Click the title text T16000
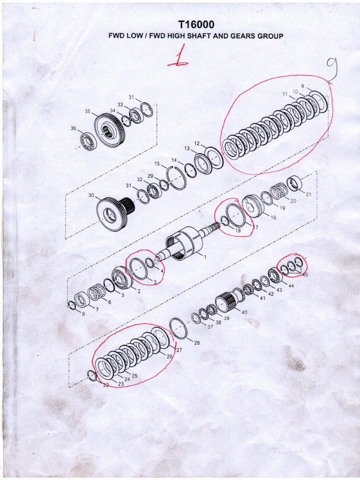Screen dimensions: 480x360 (x=196, y=25)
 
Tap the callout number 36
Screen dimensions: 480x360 (x=73, y=128)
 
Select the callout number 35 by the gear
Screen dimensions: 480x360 (x=88, y=112)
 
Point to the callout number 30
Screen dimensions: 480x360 (x=91, y=195)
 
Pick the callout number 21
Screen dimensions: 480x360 (x=308, y=194)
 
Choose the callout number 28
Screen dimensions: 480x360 (x=197, y=343)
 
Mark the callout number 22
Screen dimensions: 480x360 (x=106, y=385)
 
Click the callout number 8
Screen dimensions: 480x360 (x=83, y=314)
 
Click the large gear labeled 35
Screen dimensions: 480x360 (x=110, y=130)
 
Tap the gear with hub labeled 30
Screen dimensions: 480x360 (x=112, y=213)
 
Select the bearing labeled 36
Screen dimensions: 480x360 (x=88, y=141)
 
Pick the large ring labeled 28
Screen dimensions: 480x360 (x=179, y=328)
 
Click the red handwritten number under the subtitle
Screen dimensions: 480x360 (x=179, y=59)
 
